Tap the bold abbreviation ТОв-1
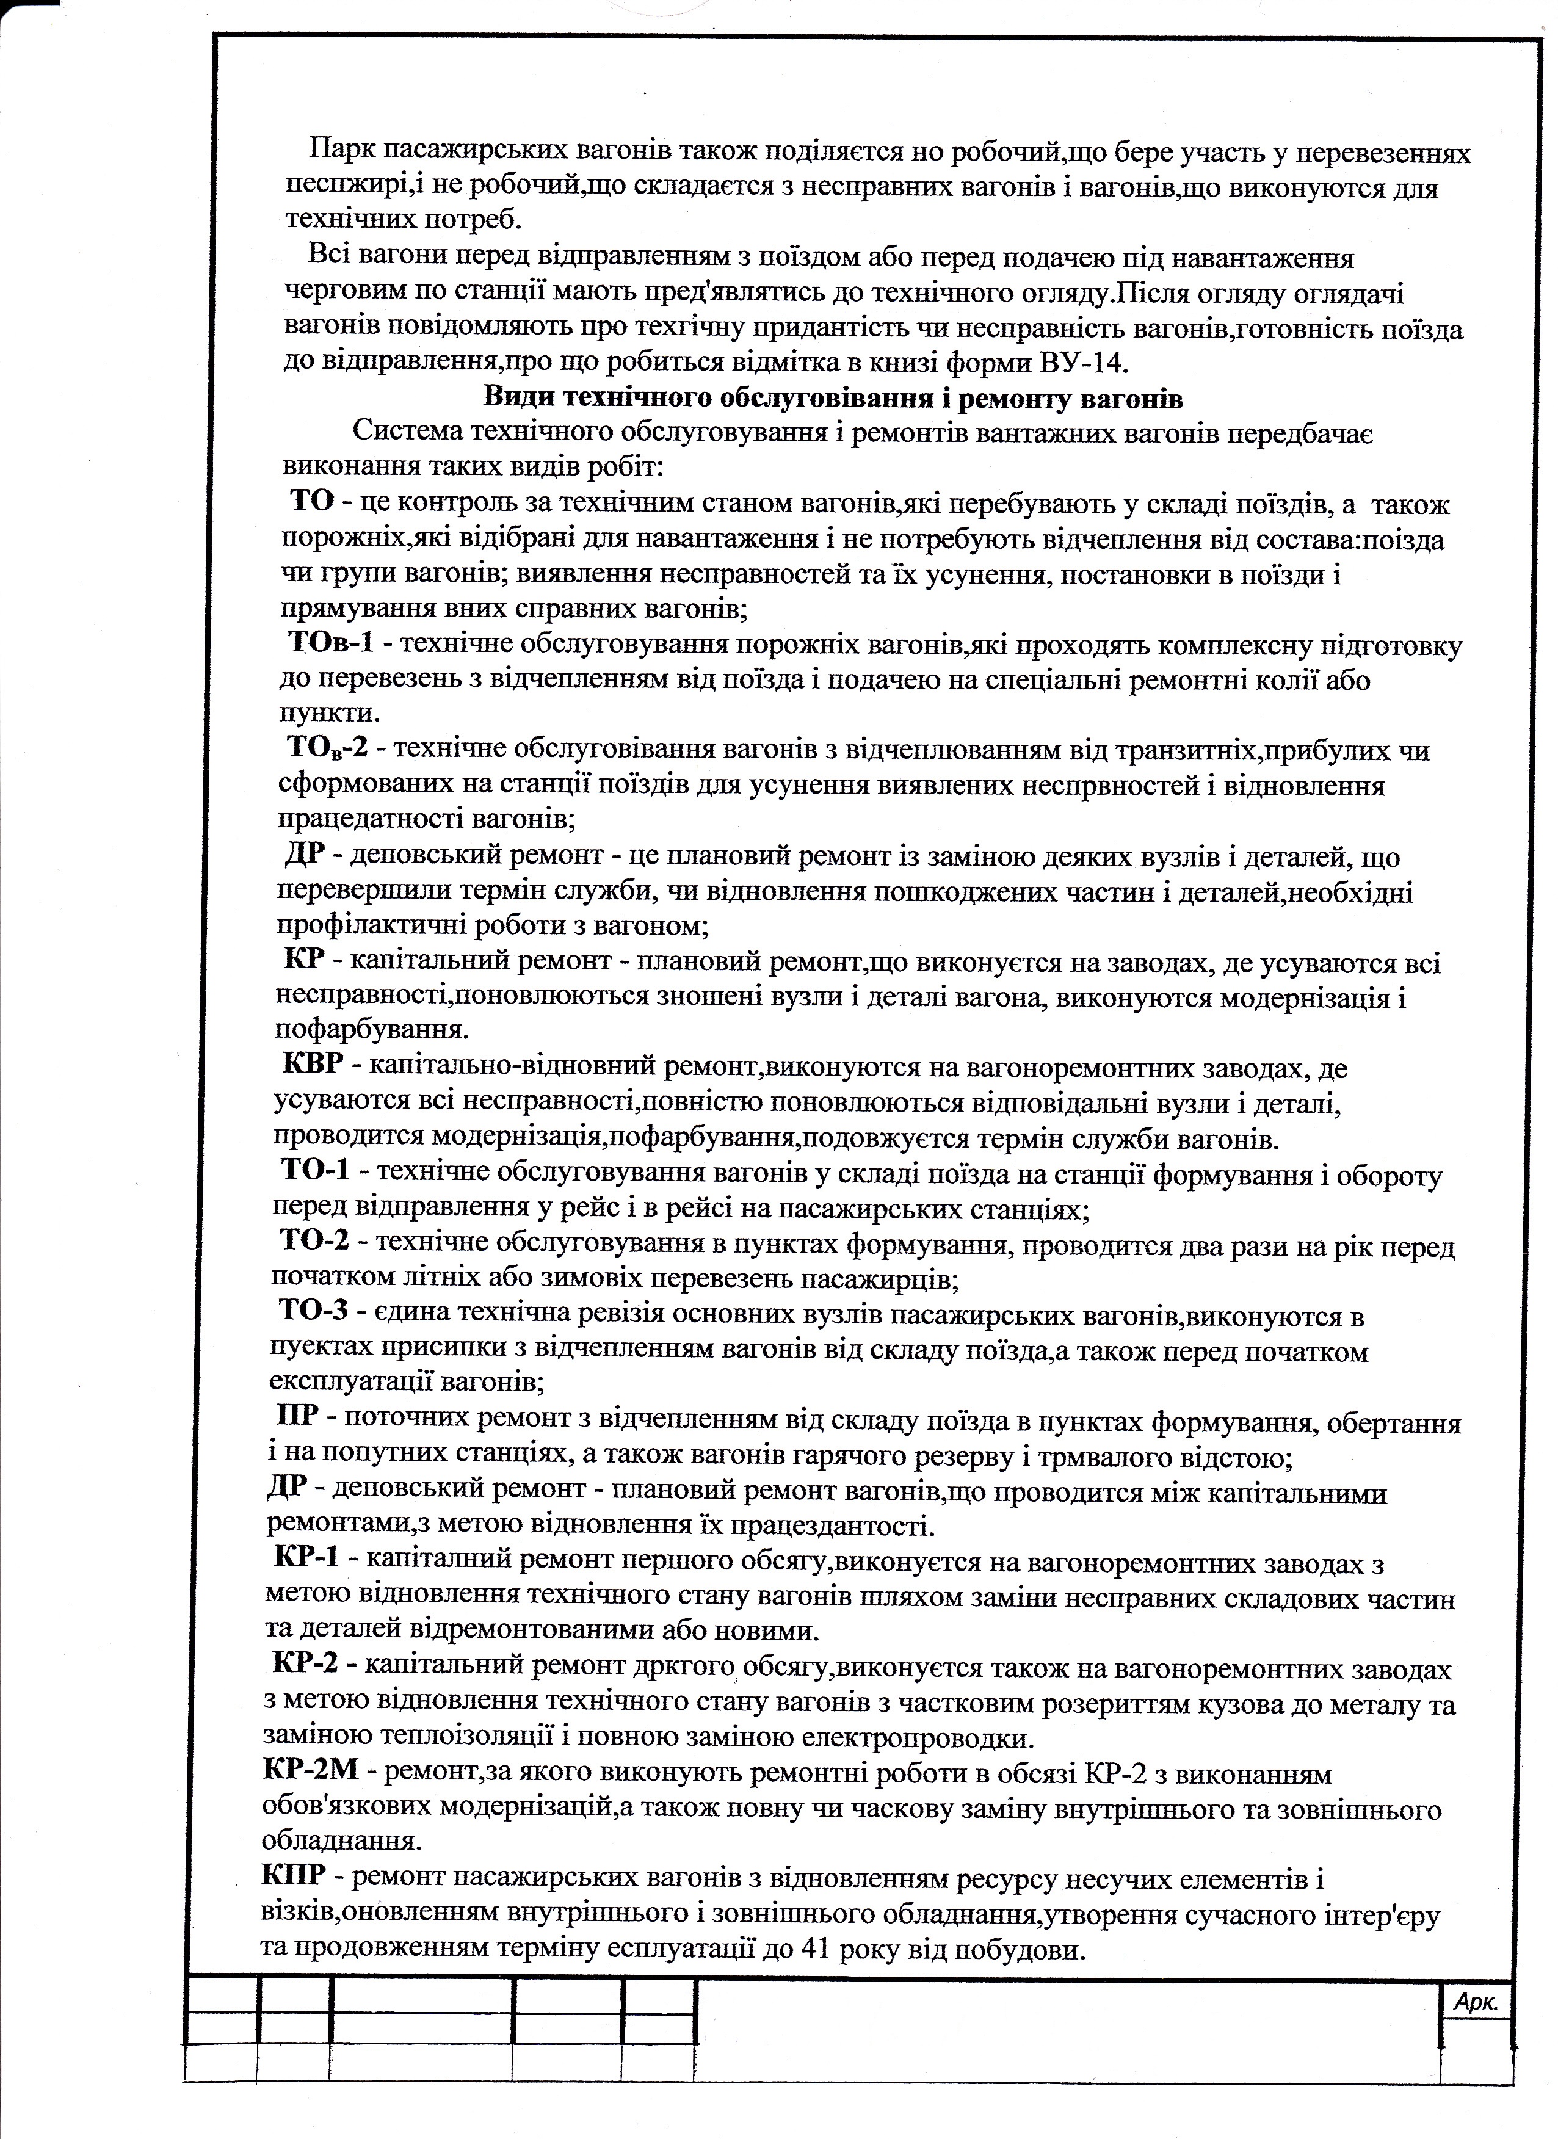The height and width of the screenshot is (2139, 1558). [x=331, y=643]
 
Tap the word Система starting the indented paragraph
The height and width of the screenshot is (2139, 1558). [x=407, y=432]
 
